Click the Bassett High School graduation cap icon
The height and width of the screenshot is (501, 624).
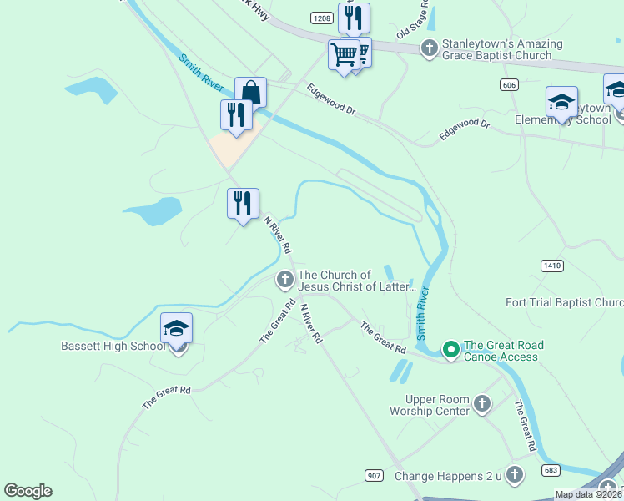pyautogui.click(x=176, y=328)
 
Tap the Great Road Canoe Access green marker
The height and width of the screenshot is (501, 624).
pyautogui.click(x=451, y=349)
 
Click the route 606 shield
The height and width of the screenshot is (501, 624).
pyautogui.click(x=509, y=84)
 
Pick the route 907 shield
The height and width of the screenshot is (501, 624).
pyautogui.click(x=375, y=475)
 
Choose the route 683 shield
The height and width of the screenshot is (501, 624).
pyautogui.click(x=551, y=470)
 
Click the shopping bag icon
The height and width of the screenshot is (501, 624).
pyautogui.click(x=250, y=92)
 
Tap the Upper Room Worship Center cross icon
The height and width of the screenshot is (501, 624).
pyautogui.click(x=481, y=405)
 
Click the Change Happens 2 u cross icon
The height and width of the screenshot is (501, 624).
pyautogui.click(x=515, y=475)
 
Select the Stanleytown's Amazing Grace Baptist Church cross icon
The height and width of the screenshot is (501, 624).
pyautogui.click(x=429, y=48)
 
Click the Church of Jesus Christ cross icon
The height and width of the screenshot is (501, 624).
pyautogui.click(x=284, y=279)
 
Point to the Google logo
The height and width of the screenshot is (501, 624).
pyautogui.click(x=28, y=491)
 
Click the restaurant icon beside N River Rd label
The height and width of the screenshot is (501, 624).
pyautogui.click(x=243, y=203)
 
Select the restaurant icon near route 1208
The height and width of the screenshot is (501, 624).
pyautogui.click(x=354, y=18)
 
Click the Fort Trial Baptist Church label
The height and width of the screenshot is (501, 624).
pyautogui.click(x=564, y=302)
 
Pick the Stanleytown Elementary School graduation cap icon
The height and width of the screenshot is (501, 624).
pyautogui.click(x=561, y=102)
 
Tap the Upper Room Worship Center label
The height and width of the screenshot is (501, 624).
pyautogui.click(x=432, y=405)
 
